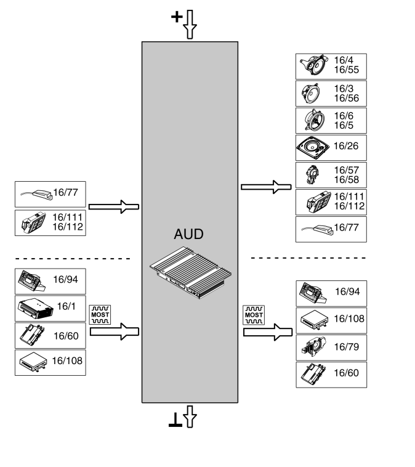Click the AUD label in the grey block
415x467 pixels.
[x=189, y=235]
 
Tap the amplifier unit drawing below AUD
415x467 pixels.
[x=191, y=272]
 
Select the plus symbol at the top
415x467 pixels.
[x=177, y=17]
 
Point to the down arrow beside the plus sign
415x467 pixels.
[x=190, y=25]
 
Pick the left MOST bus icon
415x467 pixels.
[x=99, y=314]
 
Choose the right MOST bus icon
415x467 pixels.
[x=252, y=314]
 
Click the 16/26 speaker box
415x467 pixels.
[x=331, y=148]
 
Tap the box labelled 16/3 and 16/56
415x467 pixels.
[x=331, y=93]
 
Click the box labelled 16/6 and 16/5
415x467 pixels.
[x=331, y=120]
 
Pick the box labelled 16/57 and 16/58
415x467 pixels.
[x=331, y=175]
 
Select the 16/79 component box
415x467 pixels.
[x=331, y=347]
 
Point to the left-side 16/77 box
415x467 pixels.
[x=50, y=195]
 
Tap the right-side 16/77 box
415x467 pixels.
[x=331, y=229]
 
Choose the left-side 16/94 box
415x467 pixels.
[x=50, y=280]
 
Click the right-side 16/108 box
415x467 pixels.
[x=331, y=320]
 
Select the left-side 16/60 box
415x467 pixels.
[x=50, y=335]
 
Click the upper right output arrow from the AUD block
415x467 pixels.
[x=265, y=185]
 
